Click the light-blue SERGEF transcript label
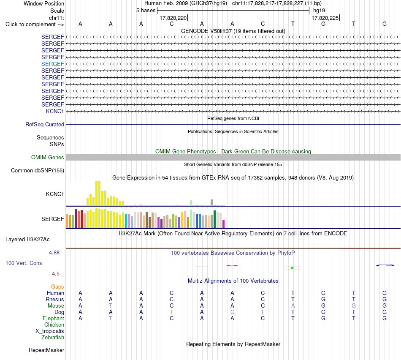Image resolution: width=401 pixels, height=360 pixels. click(x=52, y=64)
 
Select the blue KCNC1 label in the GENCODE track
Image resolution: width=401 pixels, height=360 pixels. click(x=55, y=111)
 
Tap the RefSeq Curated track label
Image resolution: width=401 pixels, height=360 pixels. click(x=45, y=125)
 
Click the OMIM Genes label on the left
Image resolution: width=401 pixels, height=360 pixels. click(x=48, y=158)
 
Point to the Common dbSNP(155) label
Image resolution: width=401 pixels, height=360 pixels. click(x=38, y=171)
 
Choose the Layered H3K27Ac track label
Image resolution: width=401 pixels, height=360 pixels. click(x=27, y=240)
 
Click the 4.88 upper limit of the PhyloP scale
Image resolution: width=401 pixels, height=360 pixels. click(x=54, y=253)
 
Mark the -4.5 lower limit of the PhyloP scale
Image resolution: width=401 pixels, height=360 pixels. click(x=55, y=274)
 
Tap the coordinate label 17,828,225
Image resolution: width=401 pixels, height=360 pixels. click(x=325, y=18)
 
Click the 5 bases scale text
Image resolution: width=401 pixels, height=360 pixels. click(x=146, y=11)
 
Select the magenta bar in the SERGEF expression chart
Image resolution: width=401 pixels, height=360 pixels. click(x=223, y=224)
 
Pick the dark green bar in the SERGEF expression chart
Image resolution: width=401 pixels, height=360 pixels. click(x=214, y=219)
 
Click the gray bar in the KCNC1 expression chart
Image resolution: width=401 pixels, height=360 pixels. click(x=212, y=202)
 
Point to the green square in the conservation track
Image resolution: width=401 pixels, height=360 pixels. click(x=292, y=267)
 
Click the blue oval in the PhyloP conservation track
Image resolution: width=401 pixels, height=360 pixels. click(x=385, y=265)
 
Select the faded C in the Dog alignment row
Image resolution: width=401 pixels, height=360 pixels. click(x=232, y=312)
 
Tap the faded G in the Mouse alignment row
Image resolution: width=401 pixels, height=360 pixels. click(x=354, y=305)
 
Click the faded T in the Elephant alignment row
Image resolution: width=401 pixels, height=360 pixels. click(x=111, y=318)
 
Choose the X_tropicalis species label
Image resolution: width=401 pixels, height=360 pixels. click(x=50, y=331)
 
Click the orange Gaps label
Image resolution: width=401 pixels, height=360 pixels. click(x=57, y=287)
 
